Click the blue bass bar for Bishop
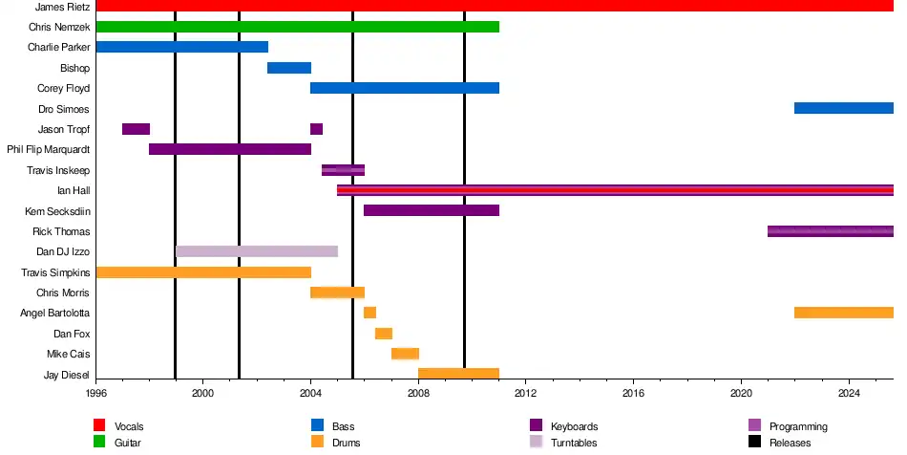click(x=289, y=68)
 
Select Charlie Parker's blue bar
click(x=182, y=47)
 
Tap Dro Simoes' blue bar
click(x=843, y=108)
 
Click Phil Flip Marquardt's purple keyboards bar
click(x=230, y=149)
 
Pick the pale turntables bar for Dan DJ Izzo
click(x=257, y=251)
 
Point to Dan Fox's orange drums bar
click(x=384, y=334)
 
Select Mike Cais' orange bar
click(x=405, y=354)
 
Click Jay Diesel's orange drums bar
click(x=458, y=374)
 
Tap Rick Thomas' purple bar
click(x=830, y=231)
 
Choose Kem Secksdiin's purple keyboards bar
click(x=432, y=210)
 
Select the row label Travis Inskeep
click(x=59, y=170)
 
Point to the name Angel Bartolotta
click(x=55, y=313)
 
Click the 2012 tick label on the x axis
click(x=525, y=393)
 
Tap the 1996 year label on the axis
click(x=96, y=393)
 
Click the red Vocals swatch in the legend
click(x=99, y=426)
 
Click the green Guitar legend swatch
click(x=99, y=443)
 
